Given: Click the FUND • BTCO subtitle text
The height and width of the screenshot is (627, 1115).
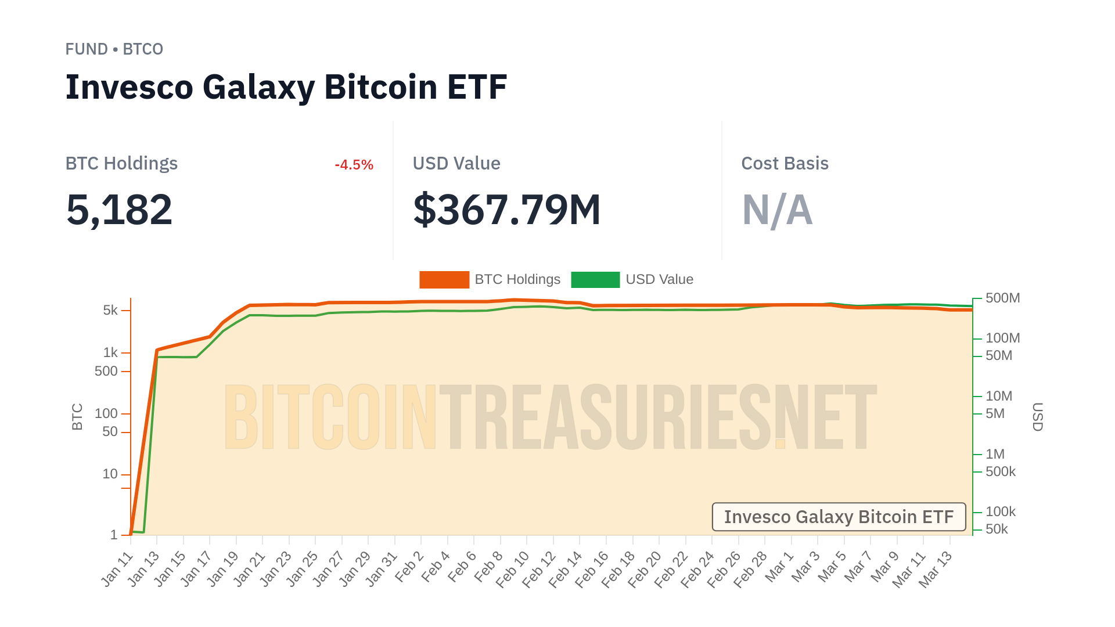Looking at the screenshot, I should [x=114, y=49].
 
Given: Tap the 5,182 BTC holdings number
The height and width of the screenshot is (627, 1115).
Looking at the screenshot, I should [x=119, y=210].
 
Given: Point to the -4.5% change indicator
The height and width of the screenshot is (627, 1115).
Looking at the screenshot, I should [x=354, y=165].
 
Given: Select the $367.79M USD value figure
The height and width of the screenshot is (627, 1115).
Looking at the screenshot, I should [x=506, y=210].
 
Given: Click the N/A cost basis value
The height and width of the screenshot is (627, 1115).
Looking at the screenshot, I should [x=777, y=210].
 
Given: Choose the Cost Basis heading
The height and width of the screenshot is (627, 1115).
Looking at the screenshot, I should [x=785, y=164].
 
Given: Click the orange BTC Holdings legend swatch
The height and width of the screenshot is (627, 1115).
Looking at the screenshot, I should [x=444, y=280].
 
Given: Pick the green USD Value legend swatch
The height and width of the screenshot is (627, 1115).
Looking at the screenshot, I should [x=595, y=280].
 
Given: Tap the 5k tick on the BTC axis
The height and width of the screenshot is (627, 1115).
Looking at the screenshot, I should [x=110, y=311].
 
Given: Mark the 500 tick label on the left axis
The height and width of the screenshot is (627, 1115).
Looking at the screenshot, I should [x=106, y=371].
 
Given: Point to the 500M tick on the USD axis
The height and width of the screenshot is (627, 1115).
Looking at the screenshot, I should [x=1002, y=298].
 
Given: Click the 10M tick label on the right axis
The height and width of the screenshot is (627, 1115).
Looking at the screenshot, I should [x=998, y=396].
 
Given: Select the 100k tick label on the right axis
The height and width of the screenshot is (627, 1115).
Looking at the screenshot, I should [x=1000, y=511].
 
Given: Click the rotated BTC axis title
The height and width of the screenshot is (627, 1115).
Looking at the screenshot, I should [x=77, y=417].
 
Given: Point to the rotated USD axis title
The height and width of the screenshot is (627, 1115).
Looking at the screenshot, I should [x=1038, y=417].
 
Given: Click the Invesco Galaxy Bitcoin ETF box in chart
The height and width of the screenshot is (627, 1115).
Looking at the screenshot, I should [x=839, y=517].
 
